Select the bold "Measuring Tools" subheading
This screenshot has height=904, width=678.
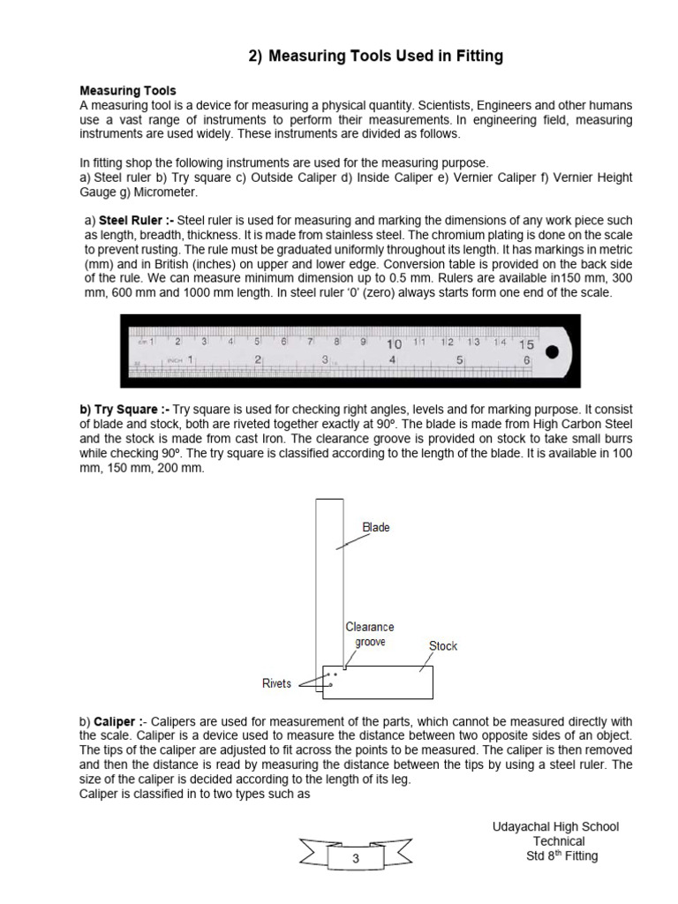pyautogui.click(x=128, y=91)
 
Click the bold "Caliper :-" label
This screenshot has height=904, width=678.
pyautogui.click(x=118, y=721)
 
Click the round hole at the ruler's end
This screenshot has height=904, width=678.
pyautogui.click(x=553, y=352)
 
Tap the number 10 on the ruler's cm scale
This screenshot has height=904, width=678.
pyautogui.click(x=393, y=343)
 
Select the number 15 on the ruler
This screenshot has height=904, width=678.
pyautogui.click(x=526, y=345)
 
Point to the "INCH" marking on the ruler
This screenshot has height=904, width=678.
pyautogui.click(x=176, y=360)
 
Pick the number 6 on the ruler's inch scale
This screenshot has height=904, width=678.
pyautogui.click(x=527, y=360)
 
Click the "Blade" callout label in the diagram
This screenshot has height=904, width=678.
pyautogui.click(x=376, y=528)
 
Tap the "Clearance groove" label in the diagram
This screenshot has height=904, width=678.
pyautogui.click(x=369, y=635)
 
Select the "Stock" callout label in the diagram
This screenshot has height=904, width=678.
pyautogui.click(x=442, y=646)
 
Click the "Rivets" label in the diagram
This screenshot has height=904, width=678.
pyautogui.click(x=277, y=683)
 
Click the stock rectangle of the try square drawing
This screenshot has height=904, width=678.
pyautogui.click(x=388, y=682)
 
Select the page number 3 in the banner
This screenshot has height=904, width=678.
pyautogui.click(x=357, y=858)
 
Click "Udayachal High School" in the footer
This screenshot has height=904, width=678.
pyautogui.click(x=555, y=827)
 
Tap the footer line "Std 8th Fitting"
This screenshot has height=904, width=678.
pyautogui.click(x=555, y=856)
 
